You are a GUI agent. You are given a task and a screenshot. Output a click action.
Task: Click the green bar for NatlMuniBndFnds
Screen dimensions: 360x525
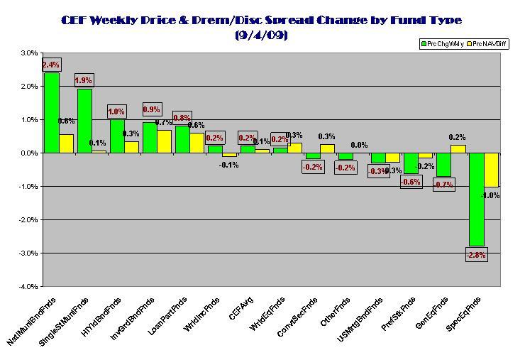51,113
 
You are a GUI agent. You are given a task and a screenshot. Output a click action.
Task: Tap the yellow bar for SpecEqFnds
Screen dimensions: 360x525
490,170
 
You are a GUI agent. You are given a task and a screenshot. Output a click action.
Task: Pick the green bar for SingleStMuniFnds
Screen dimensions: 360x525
84,121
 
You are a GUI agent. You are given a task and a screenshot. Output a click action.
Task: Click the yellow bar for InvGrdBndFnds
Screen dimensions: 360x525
164,141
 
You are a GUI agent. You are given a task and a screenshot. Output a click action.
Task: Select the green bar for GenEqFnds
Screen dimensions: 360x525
443,165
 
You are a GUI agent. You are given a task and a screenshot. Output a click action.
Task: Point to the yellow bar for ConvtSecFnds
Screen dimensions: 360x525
327,148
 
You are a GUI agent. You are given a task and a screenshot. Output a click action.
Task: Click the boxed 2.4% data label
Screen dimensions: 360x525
50,65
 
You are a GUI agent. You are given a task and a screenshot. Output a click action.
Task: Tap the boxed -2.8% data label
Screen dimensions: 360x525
475,254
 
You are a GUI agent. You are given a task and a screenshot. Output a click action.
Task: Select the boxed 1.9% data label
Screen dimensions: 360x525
84,80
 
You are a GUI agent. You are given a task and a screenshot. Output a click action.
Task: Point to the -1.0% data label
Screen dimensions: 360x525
491,195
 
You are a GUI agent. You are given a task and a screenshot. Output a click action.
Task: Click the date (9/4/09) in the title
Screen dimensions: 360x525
262,35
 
